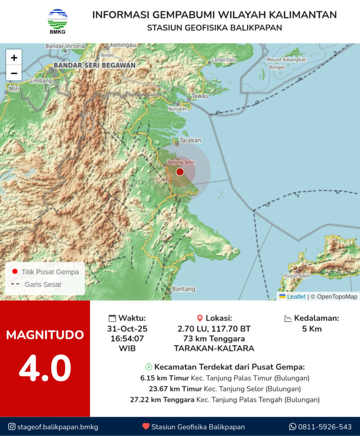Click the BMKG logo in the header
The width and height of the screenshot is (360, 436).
coord(57,22)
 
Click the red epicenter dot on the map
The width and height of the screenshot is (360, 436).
coord(180,171)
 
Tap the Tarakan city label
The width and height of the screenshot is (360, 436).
coord(190,140)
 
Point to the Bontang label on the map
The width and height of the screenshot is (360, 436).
coord(184,289)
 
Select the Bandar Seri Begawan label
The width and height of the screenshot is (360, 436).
coord(94,66)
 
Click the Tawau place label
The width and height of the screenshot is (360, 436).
coord(200,96)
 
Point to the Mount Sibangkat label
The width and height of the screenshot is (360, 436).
coord(286,60)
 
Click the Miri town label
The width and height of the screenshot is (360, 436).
coord(14,89)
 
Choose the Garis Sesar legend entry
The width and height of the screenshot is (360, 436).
coord(43,284)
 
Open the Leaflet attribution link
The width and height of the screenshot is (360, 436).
coord(296,297)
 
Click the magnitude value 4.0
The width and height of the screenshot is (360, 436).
coord(45,369)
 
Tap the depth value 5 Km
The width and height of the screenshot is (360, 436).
coord(312,329)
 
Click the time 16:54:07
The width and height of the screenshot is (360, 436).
coord(127,339)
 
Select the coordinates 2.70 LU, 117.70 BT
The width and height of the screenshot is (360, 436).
coord(214,329)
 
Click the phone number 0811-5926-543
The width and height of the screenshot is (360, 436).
coord(325,427)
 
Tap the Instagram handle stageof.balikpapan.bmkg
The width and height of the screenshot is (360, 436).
coord(58,427)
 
